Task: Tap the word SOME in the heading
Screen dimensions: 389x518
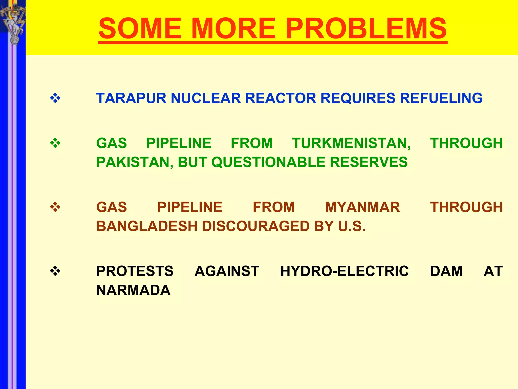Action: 140,28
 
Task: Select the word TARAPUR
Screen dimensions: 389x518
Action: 131,98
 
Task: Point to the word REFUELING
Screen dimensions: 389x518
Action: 441,98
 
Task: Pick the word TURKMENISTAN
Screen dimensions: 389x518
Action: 351,143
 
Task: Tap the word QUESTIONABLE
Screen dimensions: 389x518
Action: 268,162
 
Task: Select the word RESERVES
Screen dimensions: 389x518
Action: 369,162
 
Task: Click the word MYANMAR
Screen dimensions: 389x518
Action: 362,207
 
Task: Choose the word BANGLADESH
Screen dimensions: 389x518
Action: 147,226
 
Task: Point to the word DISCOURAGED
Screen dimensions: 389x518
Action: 255,226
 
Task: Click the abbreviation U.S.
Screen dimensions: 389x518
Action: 352,226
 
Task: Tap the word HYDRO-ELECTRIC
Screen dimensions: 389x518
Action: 344,271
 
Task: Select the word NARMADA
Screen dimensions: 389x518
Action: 133,290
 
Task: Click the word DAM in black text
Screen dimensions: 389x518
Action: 446,271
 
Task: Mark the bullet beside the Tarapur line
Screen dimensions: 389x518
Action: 55,98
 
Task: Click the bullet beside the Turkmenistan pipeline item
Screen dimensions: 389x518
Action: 55,143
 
